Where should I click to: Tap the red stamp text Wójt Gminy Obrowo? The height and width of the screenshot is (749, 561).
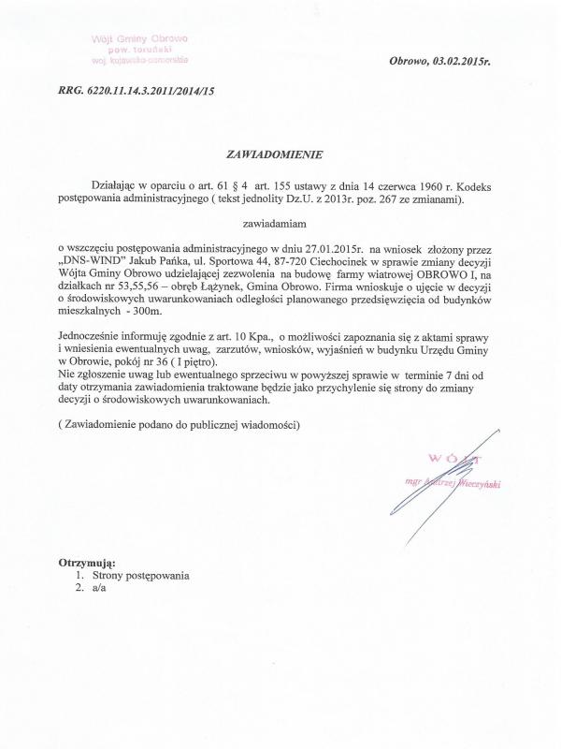(140, 39)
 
